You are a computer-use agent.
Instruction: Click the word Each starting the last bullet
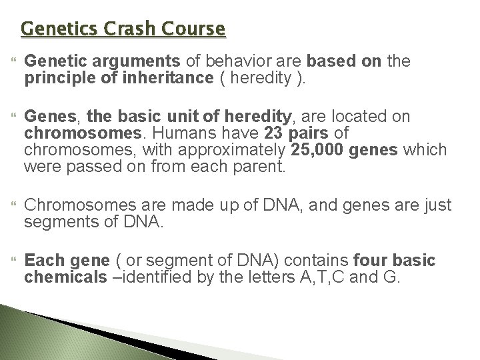[41, 259]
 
